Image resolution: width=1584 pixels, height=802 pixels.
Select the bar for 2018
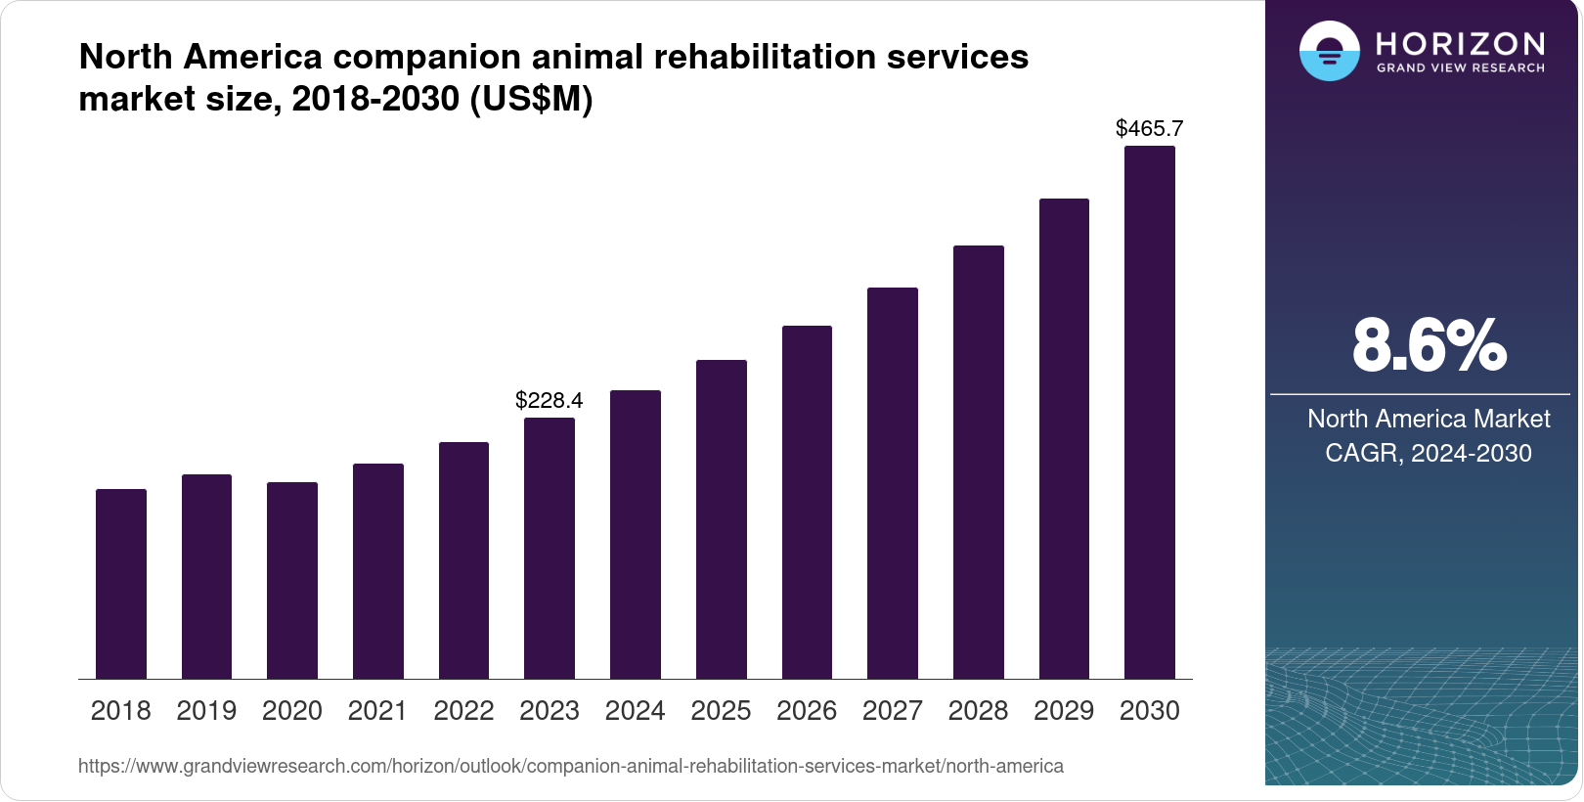point(121,584)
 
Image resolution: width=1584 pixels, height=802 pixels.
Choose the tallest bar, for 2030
point(1150,412)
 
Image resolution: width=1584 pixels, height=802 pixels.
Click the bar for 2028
point(979,462)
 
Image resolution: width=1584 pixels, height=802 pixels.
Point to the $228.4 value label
point(550,400)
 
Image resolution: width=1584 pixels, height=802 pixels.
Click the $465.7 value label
point(1150,128)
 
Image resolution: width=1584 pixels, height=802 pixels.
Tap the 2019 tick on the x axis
point(206,711)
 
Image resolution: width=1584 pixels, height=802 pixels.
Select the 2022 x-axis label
point(463,711)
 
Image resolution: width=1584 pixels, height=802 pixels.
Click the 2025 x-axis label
point(721,711)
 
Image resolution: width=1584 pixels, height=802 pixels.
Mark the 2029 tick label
point(1064,711)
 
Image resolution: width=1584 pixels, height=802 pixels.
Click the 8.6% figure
point(1429,345)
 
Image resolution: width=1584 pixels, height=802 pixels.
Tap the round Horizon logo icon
point(1329,51)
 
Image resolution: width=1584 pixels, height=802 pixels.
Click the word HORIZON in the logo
point(1461,44)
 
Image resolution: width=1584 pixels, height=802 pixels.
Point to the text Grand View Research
point(1461,68)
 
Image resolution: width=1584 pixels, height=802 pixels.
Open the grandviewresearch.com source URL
point(571,766)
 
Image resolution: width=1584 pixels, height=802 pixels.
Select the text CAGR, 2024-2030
point(1429,453)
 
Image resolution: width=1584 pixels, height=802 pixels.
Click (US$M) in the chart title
point(532,99)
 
